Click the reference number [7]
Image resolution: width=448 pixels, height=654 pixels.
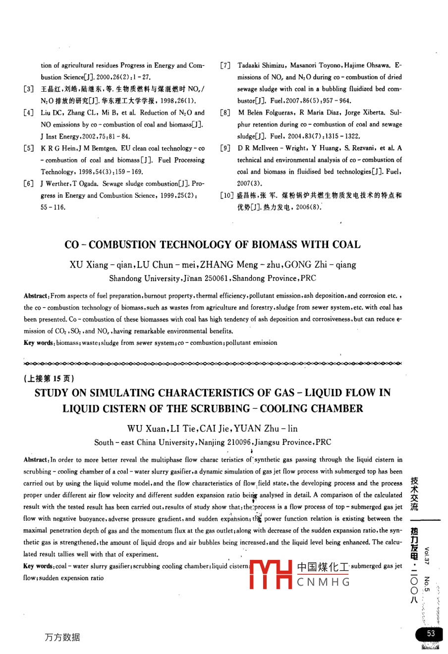tap(225, 65)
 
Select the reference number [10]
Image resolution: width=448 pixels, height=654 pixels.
tap(227, 196)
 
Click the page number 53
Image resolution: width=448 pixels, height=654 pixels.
tap(431, 633)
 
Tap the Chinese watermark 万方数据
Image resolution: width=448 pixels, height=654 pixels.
tap(61, 638)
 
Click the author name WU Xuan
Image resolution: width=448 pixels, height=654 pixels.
tap(143, 429)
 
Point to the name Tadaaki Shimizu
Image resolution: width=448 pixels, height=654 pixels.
tap(261, 65)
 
